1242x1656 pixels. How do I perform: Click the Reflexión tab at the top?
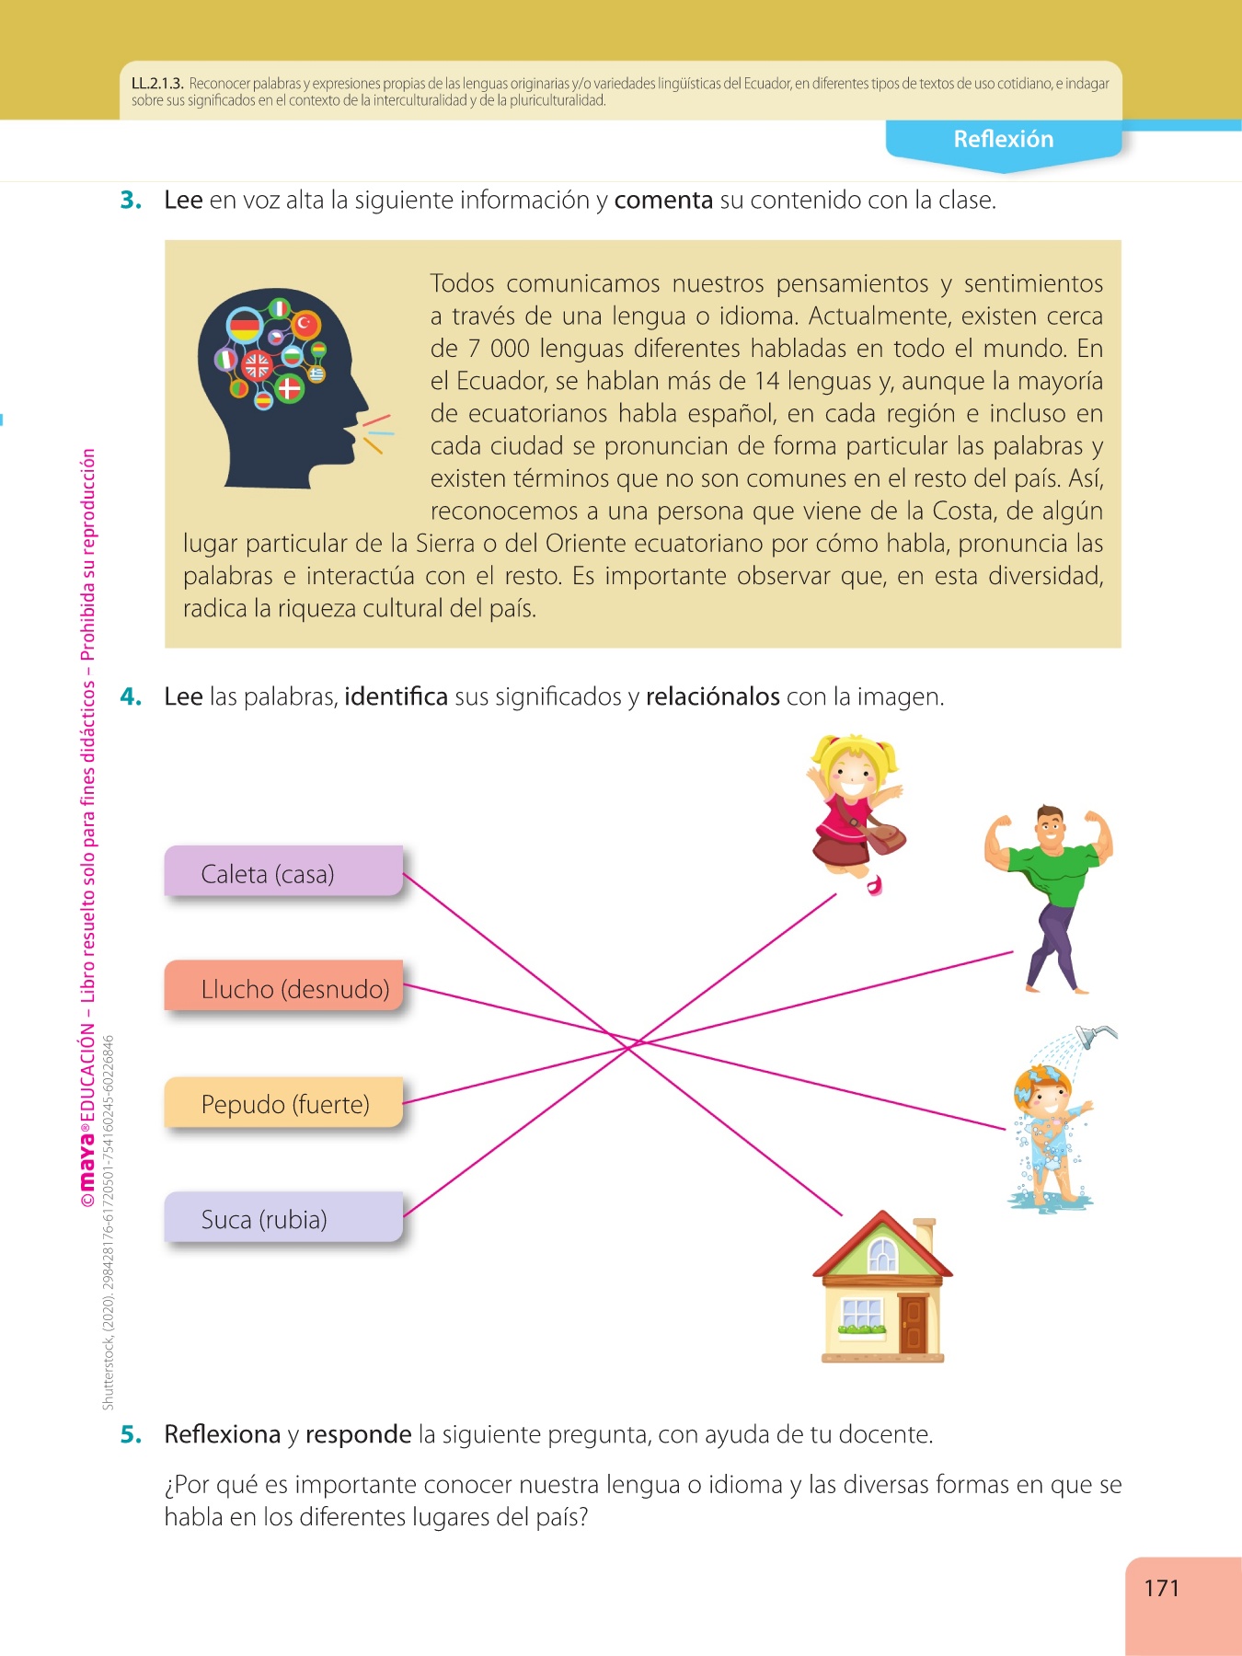1004,141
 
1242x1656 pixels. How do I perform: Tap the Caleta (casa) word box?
284,871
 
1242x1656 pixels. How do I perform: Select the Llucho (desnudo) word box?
284,986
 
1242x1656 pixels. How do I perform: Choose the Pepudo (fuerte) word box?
284,1102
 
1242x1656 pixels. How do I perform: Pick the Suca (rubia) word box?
284,1217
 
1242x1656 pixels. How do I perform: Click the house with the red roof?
882,1286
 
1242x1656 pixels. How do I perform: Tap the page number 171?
1161,1588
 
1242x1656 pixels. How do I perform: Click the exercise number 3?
131,200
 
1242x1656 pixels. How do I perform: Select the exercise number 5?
131,1434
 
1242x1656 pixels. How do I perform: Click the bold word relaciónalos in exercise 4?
713,696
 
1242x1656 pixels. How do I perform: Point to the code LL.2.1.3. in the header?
157,84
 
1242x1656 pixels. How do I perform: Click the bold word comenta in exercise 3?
663,201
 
